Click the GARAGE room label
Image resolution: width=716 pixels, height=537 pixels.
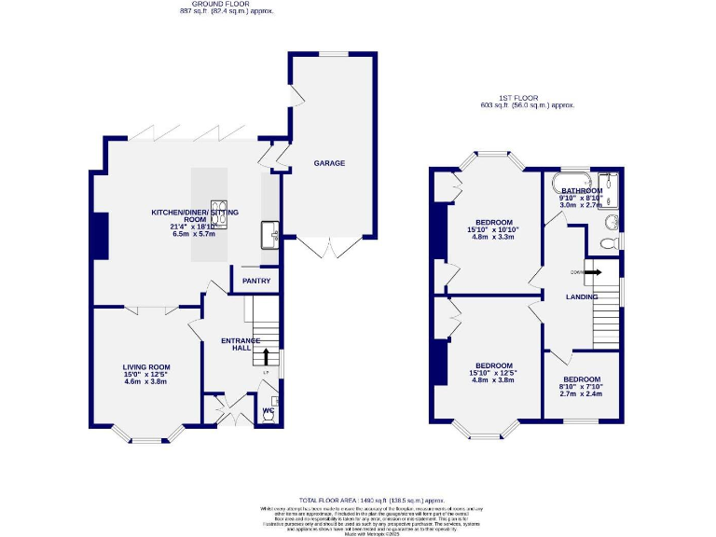pos(329,163)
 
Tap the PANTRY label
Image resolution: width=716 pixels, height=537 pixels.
pos(256,281)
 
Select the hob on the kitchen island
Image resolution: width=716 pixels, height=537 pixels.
pos(219,213)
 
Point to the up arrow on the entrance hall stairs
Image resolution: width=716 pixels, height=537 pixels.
pos(267,355)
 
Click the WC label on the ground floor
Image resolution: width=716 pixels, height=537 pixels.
pos(268,409)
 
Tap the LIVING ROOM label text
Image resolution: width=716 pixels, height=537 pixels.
pos(146,367)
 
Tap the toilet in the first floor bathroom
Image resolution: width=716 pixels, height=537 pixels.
pos(610,242)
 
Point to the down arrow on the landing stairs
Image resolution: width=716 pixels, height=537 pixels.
pos(589,271)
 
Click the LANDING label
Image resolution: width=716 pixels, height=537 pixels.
pos(582,296)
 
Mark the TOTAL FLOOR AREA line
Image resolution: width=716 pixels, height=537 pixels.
pos(358,501)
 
